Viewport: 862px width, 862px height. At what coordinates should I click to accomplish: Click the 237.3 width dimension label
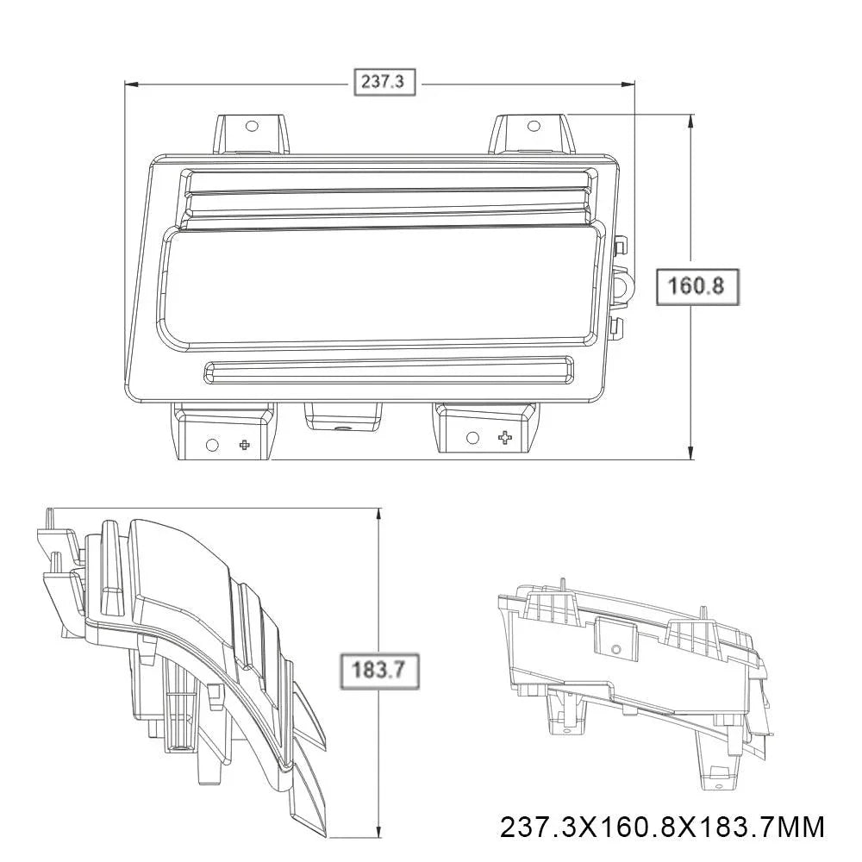[x=384, y=82]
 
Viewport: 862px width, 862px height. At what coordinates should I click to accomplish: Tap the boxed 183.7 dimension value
[x=378, y=670]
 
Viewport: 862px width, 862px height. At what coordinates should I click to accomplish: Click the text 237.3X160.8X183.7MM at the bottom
[x=662, y=827]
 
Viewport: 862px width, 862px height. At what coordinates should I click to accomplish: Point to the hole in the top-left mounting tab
[x=251, y=126]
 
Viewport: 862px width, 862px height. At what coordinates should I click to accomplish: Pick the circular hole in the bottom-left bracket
[x=212, y=444]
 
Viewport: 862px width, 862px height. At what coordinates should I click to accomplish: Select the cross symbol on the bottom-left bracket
[x=244, y=444]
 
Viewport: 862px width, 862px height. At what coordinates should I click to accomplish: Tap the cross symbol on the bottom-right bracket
[x=504, y=438]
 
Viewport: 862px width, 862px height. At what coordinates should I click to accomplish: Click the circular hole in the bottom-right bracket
[x=472, y=438]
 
